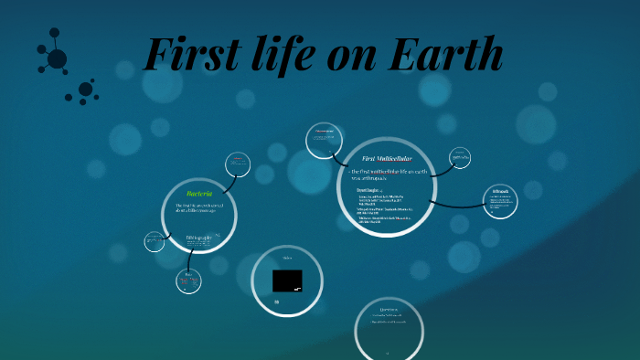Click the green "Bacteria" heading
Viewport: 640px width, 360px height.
point(199,194)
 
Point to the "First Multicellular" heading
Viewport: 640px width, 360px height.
point(380,159)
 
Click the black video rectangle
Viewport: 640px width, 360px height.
point(287,281)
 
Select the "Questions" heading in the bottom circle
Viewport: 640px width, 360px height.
point(389,309)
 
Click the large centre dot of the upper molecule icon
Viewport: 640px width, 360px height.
point(57,58)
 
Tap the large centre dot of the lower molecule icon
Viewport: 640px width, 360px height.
point(85,90)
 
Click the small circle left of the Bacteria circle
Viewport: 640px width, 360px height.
point(155,241)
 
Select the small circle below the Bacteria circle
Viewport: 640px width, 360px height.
point(188,280)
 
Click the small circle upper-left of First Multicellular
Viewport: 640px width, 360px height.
point(325,140)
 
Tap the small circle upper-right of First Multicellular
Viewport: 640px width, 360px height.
point(461,159)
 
